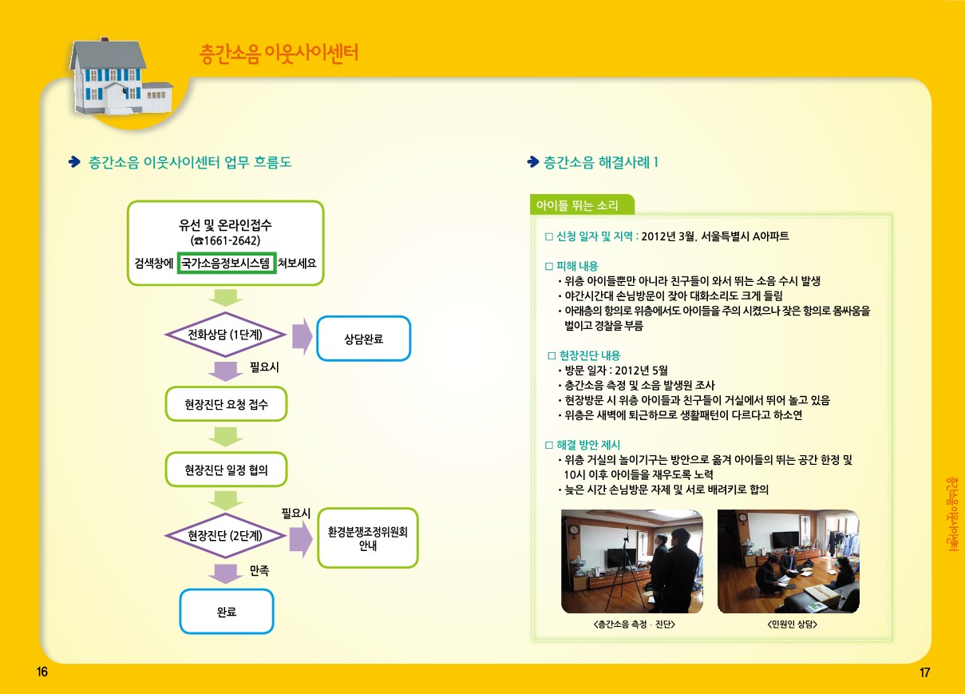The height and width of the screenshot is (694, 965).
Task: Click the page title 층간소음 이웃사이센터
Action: point(279,54)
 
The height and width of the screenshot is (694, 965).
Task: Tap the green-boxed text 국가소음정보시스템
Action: point(227,263)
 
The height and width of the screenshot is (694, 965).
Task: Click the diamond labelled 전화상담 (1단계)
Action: point(225,335)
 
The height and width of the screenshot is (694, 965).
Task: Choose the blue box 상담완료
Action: point(364,339)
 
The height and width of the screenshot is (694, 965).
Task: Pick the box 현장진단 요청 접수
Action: point(226,404)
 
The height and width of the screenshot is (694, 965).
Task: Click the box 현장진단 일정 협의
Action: point(226,470)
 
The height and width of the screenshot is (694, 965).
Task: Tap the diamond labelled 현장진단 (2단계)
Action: point(225,536)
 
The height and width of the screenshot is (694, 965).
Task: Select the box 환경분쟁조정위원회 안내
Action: point(368,540)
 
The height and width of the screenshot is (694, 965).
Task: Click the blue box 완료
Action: point(227,612)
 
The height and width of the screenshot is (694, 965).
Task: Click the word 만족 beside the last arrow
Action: point(259,571)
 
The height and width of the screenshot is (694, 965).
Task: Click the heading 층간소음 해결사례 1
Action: point(600,162)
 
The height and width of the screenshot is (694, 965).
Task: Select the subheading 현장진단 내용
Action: point(589,355)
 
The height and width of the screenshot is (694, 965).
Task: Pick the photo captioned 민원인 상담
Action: point(789,561)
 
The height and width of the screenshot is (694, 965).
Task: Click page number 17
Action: point(925,672)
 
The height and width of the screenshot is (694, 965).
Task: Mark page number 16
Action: point(42,672)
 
